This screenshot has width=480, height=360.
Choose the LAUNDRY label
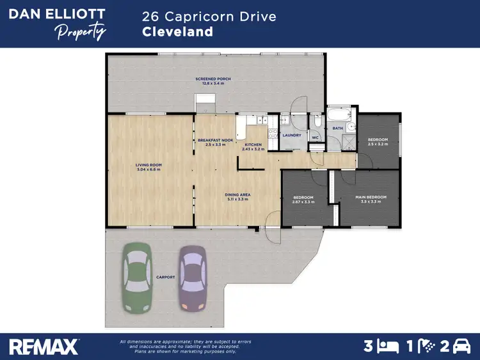(x=291, y=135)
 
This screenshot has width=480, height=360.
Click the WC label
(x=315, y=137)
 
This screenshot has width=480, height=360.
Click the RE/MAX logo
(x=44, y=346)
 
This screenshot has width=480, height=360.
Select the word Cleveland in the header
(x=177, y=31)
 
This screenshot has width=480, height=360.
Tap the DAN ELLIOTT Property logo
(x=57, y=23)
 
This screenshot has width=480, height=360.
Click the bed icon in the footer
(x=387, y=346)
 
